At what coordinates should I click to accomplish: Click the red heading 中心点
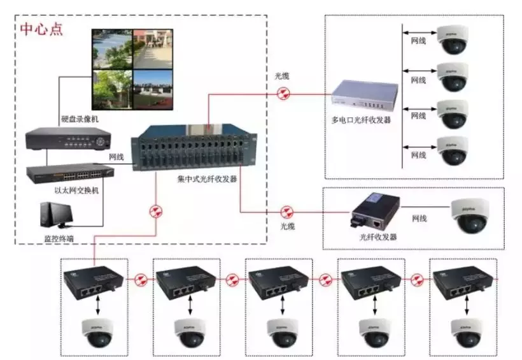[41, 29]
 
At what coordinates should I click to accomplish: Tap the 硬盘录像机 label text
[80, 119]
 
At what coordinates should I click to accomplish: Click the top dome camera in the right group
[453, 40]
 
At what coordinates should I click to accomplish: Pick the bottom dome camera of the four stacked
[453, 150]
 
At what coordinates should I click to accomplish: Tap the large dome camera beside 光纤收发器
[470, 215]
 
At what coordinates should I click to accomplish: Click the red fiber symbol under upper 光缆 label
[282, 94]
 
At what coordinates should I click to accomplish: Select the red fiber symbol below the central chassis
[155, 212]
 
